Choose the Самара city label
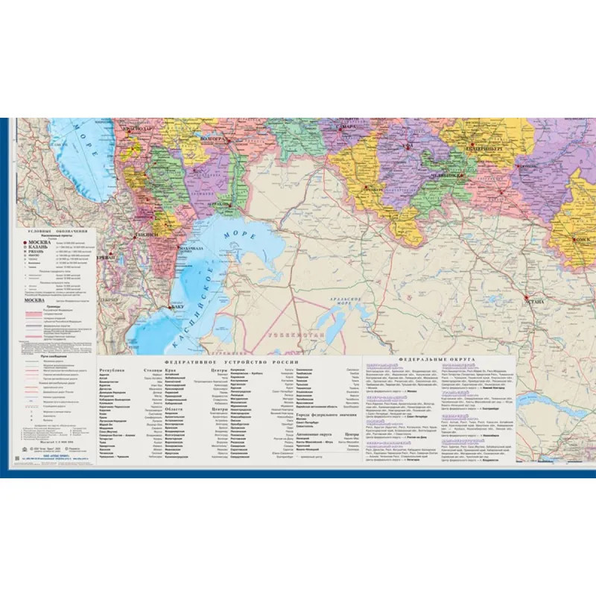tap(348, 127)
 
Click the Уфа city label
tap(408, 147)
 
